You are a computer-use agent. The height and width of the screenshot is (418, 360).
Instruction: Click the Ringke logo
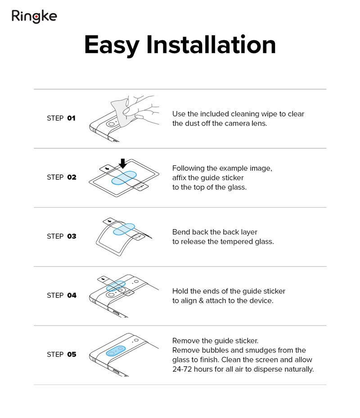34,17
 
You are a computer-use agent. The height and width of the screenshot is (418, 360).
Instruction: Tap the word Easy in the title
112,46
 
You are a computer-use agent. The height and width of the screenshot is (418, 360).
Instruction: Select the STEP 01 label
61,118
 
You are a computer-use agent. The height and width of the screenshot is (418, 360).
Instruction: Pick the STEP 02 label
61,177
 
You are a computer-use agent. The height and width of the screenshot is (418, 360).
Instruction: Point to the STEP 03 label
61,236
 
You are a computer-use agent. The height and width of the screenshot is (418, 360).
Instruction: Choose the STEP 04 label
61,295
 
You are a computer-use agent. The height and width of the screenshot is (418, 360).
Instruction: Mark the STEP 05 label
61,355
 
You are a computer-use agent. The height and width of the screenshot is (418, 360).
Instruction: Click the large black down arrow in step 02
123,164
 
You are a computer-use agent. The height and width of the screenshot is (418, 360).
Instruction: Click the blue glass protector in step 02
124,178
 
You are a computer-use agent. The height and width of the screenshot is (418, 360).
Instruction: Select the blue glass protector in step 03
124,229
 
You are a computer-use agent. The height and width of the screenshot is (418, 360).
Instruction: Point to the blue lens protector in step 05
116,351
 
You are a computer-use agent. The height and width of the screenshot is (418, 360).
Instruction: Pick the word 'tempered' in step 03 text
237,242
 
